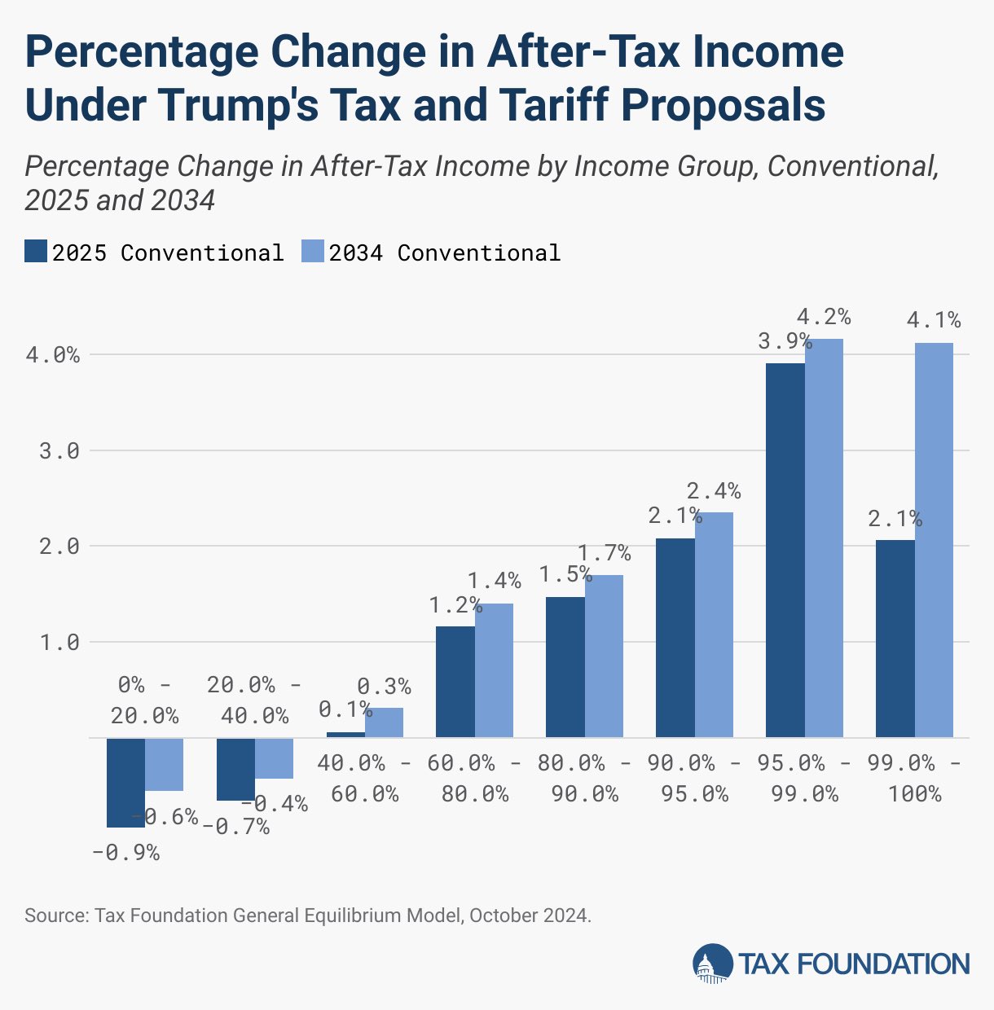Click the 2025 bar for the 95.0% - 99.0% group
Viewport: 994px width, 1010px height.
[x=785, y=550]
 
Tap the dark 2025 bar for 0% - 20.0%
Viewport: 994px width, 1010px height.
[x=126, y=782]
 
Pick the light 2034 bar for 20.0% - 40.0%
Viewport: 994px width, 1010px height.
[x=274, y=758]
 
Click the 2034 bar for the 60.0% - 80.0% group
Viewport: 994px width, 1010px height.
[x=494, y=670]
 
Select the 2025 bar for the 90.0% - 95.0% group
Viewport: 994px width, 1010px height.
[x=675, y=638]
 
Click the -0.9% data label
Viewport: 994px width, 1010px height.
[x=125, y=853]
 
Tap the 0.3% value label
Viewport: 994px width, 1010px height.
[x=385, y=687]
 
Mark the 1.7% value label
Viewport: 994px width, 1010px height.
[x=605, y=554]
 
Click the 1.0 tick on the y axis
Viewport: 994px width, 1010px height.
[x=59, y=643]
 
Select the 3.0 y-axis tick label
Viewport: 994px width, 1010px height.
[x=59, y=451]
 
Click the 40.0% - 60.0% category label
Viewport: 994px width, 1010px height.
[x=365, y=778]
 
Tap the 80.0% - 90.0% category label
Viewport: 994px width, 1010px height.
[x=584, y=778]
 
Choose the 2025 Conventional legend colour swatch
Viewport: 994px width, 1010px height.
[x=36, y=252]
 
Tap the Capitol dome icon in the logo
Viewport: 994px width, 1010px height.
[x=712, y=964]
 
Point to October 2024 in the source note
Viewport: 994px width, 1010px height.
[x=529, y=915]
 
